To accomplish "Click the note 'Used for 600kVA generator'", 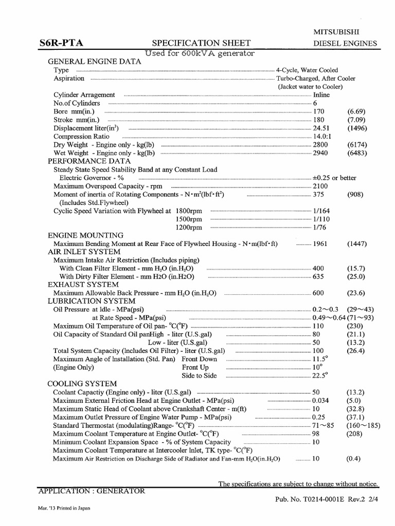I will pos(200,53).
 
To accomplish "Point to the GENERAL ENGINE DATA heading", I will pos(94,62).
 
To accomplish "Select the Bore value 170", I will pos(319,111).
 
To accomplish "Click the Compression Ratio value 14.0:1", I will pos(322,136).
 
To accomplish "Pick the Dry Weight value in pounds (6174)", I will pos(356,144).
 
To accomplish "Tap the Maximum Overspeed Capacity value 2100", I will pos(321,186).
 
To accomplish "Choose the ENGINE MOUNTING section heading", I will pos(85,235).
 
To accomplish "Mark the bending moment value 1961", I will pos(321,243).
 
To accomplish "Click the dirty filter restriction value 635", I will pos(319,276).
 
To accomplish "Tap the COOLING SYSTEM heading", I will pos(82,384).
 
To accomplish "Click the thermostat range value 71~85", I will pos(323,425).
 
